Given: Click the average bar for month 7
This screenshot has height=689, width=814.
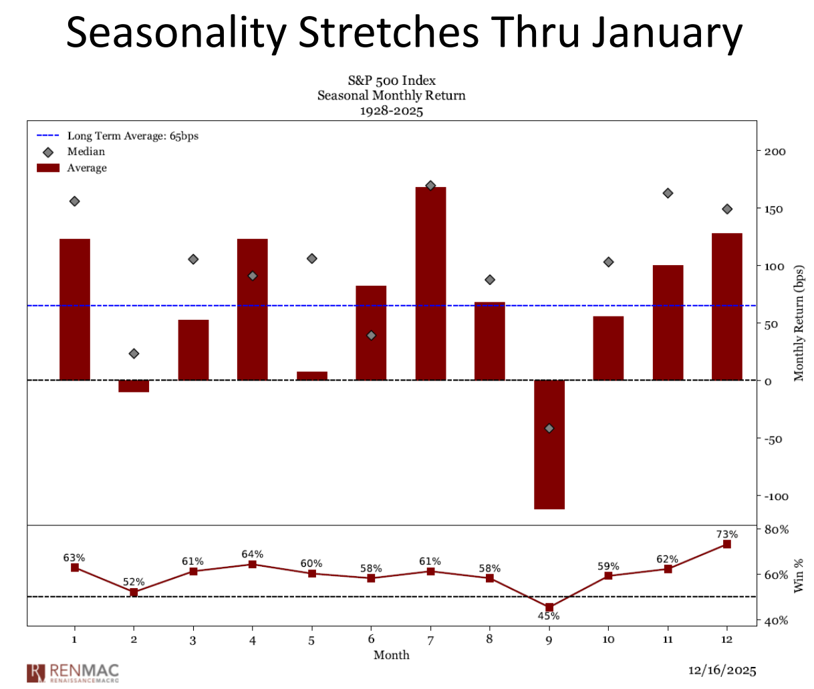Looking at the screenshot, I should pyautogui.click(x=430, y=283).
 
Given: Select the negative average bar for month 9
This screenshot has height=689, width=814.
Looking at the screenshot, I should pyautogui.click(x=549, y=444).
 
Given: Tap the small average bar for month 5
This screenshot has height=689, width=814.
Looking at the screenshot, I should pyautogui.click(x=311, y=376).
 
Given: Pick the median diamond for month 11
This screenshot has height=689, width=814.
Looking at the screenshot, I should pyautogui.click(x=668, y=193).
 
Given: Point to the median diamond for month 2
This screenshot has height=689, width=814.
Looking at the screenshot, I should pyautogui.click(x=134, y=353).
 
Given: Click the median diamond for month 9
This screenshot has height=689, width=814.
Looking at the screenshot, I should pyautogui.click(x=549, y=428).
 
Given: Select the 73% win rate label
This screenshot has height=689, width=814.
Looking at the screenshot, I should pyautogui.click(x=726, y=534).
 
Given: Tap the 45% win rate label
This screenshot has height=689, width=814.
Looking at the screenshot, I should pyautogui.click(x=549, y=616).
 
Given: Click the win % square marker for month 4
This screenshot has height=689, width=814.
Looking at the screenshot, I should pyautogui.click(x=253, y=564).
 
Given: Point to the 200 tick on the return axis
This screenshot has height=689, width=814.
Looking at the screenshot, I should pyautogui.click(x=775, y=152).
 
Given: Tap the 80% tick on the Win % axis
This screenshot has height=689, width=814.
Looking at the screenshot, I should pyautogui.click(x=776, y=529).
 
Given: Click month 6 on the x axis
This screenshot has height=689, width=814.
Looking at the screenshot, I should pyautogui.click(x=371, y=640).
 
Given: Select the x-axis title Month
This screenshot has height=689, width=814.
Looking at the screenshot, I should pyautogui.click(x=391, y=655).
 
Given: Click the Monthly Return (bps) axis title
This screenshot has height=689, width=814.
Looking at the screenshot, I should pyautogui.click(x=799, y=324).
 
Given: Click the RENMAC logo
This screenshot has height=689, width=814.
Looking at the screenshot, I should pyautogui.click(x=73, y=672).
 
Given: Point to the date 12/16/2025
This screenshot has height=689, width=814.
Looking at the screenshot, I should pyautogui.click(x=722, y=670).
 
